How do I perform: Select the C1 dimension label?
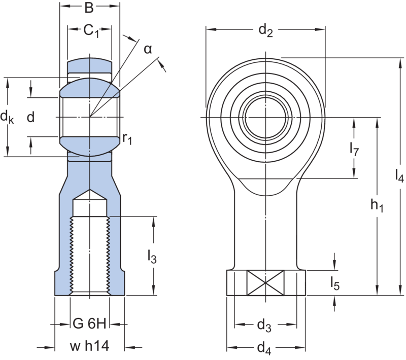91,31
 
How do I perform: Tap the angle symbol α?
147,49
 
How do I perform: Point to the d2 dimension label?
265,31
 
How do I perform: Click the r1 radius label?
127,138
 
